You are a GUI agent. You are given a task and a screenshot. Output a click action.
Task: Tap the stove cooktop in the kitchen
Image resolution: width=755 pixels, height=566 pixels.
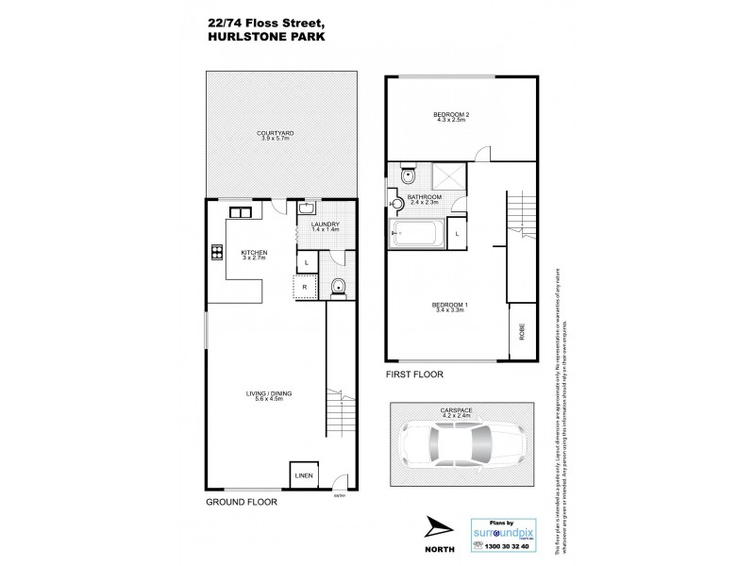[216, 252]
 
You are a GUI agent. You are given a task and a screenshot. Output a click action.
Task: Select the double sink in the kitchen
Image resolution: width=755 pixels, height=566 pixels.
[240, 211]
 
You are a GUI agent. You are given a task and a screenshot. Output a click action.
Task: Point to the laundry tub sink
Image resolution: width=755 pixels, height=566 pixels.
[308, 209]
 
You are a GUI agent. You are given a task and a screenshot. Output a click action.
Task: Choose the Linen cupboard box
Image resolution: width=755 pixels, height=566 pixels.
[304, 474]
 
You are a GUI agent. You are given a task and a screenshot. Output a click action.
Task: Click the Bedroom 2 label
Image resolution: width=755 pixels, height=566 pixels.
[452, 117]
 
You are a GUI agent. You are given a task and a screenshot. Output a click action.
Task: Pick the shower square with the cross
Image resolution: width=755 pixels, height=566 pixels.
[446, 175]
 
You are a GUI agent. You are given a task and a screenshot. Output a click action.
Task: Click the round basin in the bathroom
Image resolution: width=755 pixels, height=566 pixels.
[397, 201]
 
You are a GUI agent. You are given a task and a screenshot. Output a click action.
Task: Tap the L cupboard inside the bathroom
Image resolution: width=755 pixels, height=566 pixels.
[457, 232]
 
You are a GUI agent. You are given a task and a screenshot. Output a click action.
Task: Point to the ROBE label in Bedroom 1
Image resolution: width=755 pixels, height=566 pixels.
[521, 332]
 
